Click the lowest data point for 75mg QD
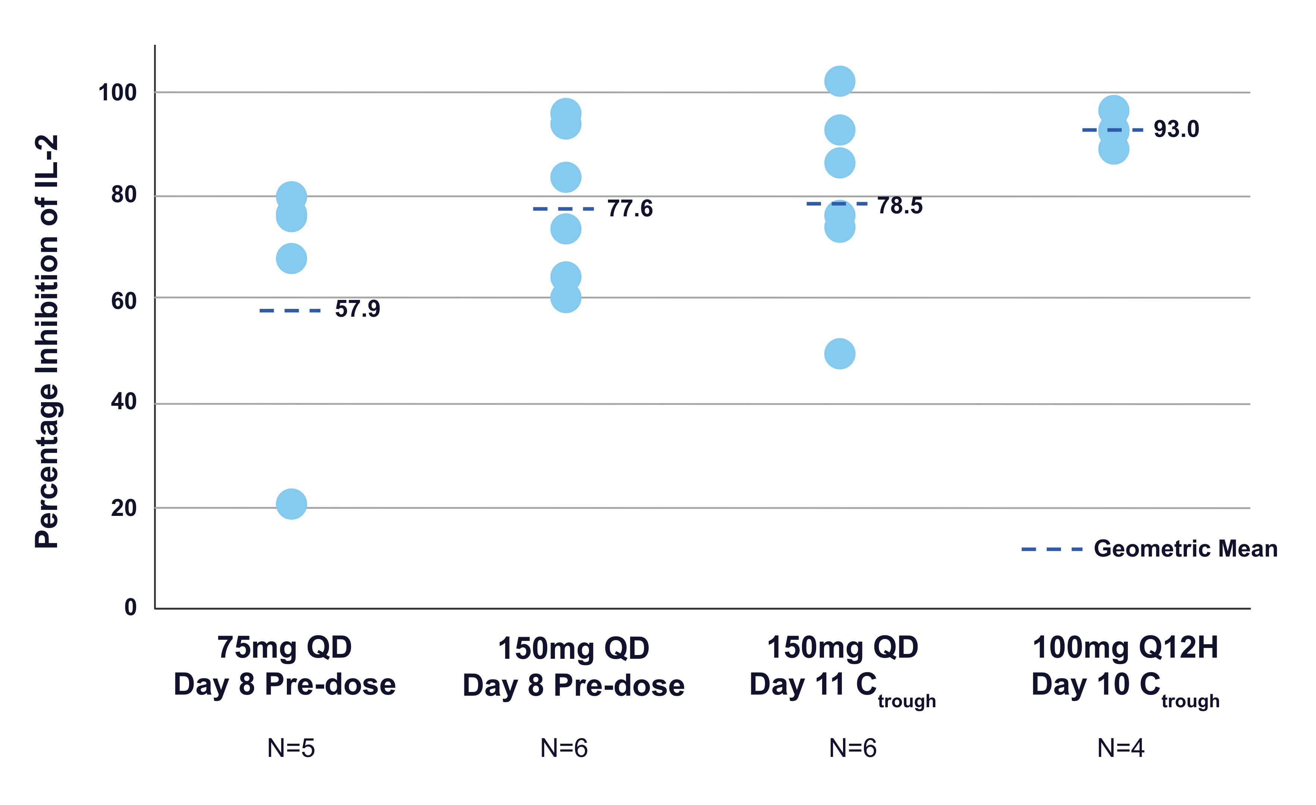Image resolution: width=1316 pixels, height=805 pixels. pyautogui.click(x=291, y=504)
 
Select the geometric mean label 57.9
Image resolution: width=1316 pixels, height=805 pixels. pyautogui.click(x=357, y=309)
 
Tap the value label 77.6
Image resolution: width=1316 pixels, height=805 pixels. pyautogui.click(x=630, y=208)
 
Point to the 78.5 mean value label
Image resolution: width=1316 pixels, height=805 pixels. pyautogui.click(x=900, y=206)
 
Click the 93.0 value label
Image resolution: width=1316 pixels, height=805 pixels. pyautogui.click(x=1176, y=129)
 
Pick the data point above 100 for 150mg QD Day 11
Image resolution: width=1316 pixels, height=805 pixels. pyautogui.click(x=840, y=81)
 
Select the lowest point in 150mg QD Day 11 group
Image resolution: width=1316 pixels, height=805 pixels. pyautogui.click(x=840, y=354)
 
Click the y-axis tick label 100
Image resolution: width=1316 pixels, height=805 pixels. pyautogui.click(x=117, y=93)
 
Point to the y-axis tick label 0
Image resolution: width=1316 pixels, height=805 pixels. pyautogui.click(x=130, y=607)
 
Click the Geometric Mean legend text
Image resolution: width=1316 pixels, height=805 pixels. pyautogui.click(x=1186, y=549)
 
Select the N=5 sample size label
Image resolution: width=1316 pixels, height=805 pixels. pyautogui.click(x=291, y=748)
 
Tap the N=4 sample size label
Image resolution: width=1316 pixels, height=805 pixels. pyautogui.click(x=1121, y=748)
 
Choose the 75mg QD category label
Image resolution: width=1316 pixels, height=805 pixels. pyautogui.click(x=284, y=648)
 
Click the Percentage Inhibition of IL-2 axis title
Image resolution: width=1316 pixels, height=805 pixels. pyautogui.click(x=47, y=342)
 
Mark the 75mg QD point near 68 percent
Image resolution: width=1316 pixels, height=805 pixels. pyautogui.click(x=291, y=259)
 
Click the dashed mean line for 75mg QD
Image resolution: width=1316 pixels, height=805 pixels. pyautogui.click(x=290, y=310)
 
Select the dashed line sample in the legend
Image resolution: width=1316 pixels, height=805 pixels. pyautogui.click(x=1052, y=549)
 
